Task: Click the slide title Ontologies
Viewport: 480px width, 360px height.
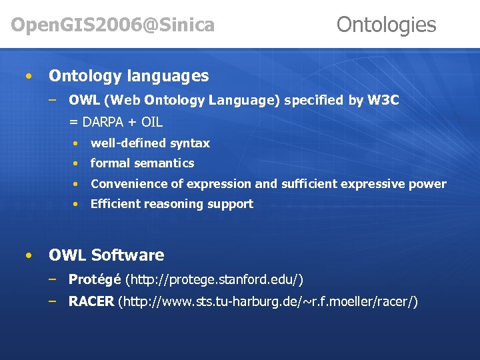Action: pyautogui.click(x=386, y=25)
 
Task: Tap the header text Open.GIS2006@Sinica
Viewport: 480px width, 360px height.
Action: pyautogui.click(x=113, y=25)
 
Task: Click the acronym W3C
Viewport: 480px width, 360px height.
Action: pyautogui.click(x=383, y=101)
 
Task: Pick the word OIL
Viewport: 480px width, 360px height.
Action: pyautogui.click(x=151, y=122)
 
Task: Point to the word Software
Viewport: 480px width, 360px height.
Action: pyautogui.click(x=127, y=255)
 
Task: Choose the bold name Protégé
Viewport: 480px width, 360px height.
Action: pyautogui.click(x=95, y=279)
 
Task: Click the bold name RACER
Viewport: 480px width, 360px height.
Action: pyautogui.click(x=91, y=302)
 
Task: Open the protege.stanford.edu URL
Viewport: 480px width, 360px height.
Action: pyautogui.click(x=214, y=279)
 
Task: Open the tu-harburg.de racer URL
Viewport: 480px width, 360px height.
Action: pyautogui.click(x=268, y=302)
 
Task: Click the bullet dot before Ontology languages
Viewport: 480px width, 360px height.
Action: pyautogui.click(x=27, y=77)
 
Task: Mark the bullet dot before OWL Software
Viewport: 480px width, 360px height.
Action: pyautogui.click(x=27, y=256)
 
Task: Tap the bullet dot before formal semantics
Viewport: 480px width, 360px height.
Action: pyautogui.click(x=78, y=164)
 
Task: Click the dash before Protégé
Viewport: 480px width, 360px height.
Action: pyautogui.click(x=52, y=279)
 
